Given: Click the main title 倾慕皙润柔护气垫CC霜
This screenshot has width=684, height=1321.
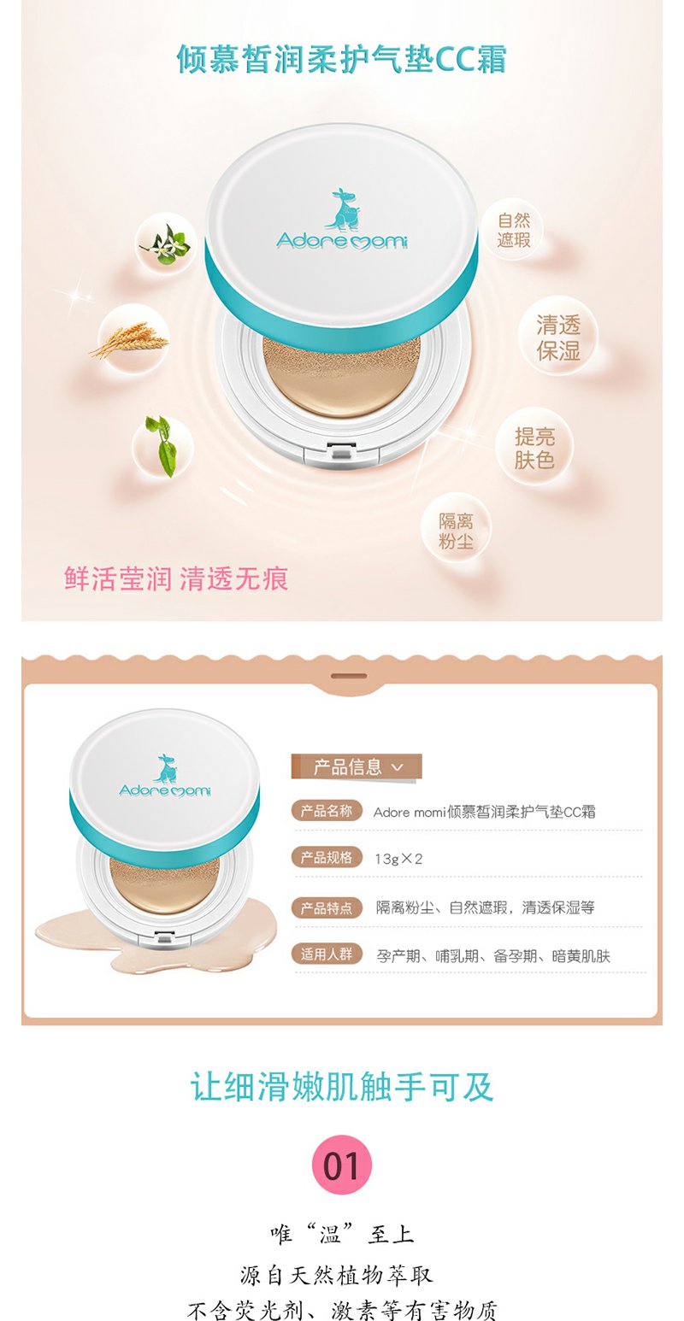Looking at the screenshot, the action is pyautogui.click(x=342, y=60).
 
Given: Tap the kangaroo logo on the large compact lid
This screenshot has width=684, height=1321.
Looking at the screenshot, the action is pyautogui.click(x=342, y=209).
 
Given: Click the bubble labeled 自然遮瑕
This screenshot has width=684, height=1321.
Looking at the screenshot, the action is pyautogui.click(x=513, y=231).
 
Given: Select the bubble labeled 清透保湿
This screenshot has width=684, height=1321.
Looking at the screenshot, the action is pyautogui.click(x=558, y=337).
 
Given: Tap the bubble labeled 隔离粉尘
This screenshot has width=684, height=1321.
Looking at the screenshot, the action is pyautogui.click(x=456, y=531).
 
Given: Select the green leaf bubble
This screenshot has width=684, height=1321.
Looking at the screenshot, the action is pyautogui.click(x=162, y=443).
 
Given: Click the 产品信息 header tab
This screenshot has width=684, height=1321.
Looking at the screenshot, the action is pyautogui.click(x=357, y=766).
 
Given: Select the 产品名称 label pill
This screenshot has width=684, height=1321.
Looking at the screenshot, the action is pyautogui.click(x=327, y=811).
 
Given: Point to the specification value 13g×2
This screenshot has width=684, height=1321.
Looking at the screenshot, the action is pyautogui.click(x=399, y=859).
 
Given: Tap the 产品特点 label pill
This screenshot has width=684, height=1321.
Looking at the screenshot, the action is pyautogui.click(x=327, y=907).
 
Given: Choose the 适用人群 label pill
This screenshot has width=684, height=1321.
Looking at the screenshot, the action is pyautogui.click(x=327, y=954).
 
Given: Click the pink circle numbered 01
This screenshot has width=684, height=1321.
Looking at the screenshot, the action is pyautogui.click(x=342, y=1164).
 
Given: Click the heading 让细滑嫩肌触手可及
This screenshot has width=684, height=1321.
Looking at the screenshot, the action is pyautogui.click(x=342, y=1086).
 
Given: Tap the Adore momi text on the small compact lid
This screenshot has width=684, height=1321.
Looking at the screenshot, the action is pyautogui.click(x=165, y=790).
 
